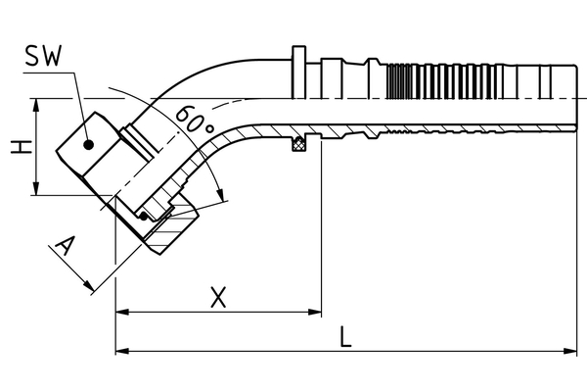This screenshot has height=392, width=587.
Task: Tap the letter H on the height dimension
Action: [17, 148]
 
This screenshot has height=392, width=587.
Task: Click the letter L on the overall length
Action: [346, 336]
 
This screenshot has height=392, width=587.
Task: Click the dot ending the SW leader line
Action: [88, 144]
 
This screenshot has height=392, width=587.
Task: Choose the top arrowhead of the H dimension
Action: [37, 104]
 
